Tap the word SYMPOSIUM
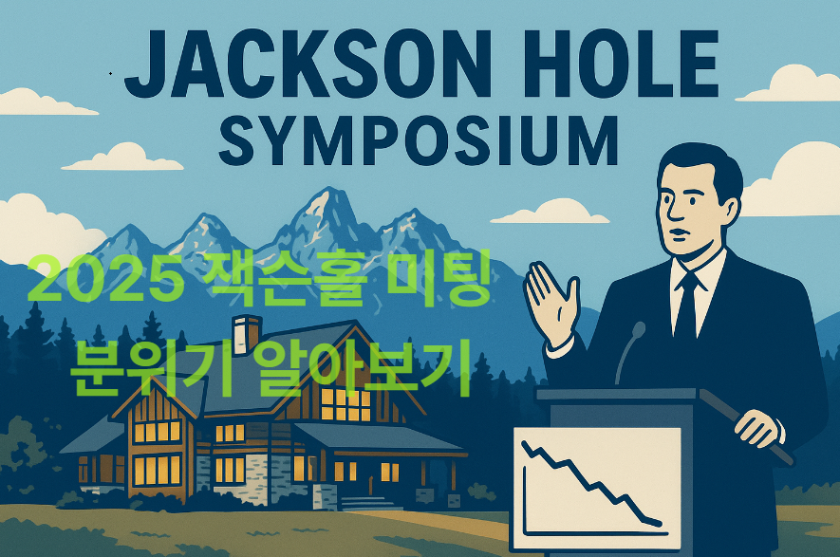point(419,140)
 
